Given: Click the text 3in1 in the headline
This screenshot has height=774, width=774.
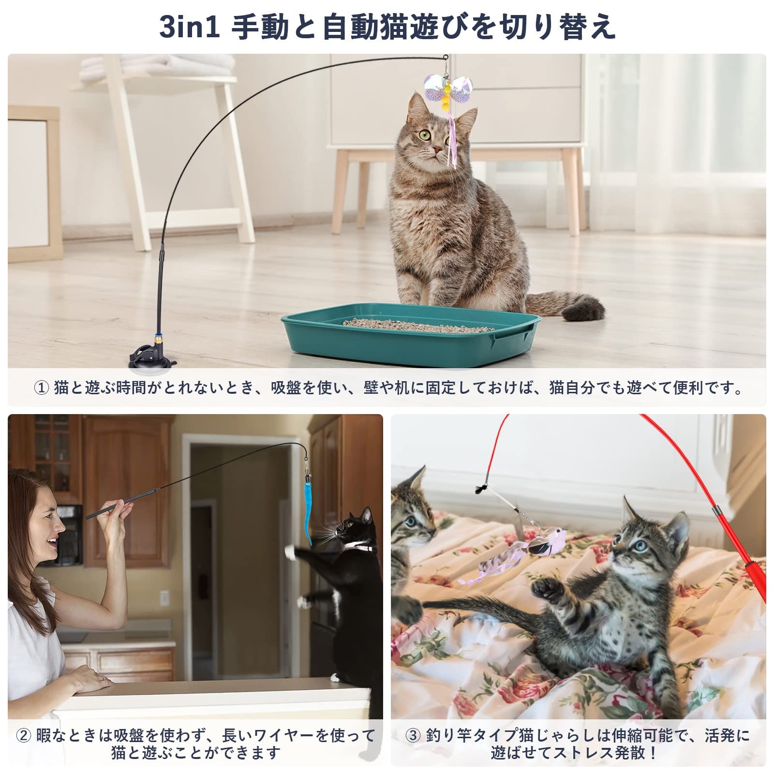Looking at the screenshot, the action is pos(190,27).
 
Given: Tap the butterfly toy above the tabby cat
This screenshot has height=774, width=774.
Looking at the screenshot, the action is pos(448,92).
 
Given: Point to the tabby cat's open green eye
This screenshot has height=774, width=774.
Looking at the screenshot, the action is pos(425,134).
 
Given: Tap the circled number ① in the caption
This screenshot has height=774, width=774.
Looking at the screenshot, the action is pos(42,388).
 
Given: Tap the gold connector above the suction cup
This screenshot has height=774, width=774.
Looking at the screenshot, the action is pos(157,340).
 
